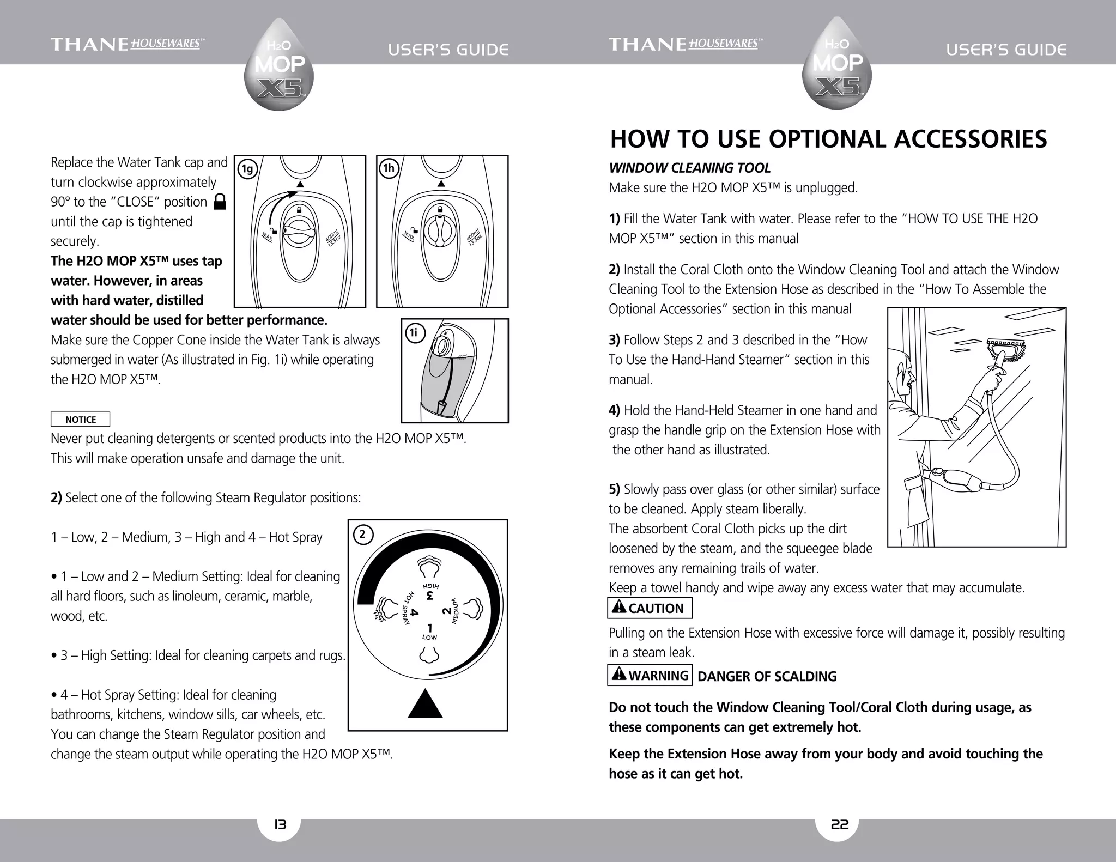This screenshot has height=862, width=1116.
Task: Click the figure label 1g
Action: pos(248,169)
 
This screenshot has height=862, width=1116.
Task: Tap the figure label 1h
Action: pos(389,168)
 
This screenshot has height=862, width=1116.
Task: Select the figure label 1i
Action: pos(415,332)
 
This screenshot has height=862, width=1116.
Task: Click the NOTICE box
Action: pos(80,420)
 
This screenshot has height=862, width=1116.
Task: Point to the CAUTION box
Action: pos(650,608)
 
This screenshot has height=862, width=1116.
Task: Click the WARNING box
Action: pos(650,676)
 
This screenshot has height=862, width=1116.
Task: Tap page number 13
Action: pos(279,824)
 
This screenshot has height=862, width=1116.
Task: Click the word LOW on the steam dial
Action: pos(429,637)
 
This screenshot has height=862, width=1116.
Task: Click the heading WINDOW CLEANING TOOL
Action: pos(689,168)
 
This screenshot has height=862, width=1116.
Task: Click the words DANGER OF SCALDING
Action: pos(767,677)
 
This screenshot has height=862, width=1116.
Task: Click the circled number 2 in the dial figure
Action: pos(362,535)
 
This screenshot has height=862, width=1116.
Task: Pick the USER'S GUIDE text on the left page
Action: pos(448,50)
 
